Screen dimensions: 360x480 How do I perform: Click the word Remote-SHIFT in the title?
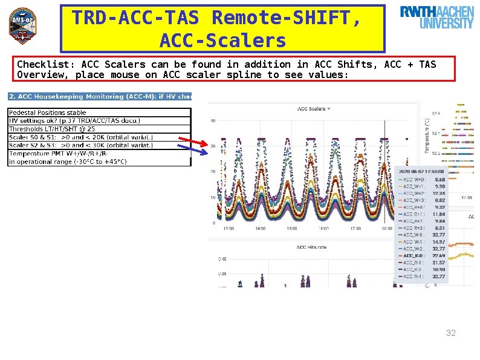pyautogui.click(x=287, y=18)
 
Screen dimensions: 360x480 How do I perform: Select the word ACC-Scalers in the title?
pyautogui.click(x=222, y=41)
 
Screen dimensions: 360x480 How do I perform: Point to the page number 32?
pyautogui.click(x=451, y=333)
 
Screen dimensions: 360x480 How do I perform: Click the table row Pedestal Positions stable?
pyautogui.click(x=48, y=113)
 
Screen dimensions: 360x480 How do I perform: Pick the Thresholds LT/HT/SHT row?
pyautogui.click(x=52, y=129)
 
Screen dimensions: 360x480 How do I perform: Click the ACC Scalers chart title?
pyautogui.click(x=311, y=109)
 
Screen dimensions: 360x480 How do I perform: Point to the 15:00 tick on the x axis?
pyautogui.click(x=291, y=229)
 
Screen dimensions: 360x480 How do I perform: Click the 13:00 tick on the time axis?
pyautogui.click(x=228, y=229)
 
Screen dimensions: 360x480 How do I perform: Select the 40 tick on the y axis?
pyautogui.click(x=212, y=120)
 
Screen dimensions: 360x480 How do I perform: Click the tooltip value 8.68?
pyautogui.click(x=439, y=179)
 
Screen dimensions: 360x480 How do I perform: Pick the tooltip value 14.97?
pyautogui.click(x=439, y=242)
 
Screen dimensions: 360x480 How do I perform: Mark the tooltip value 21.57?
pyautogui.click(x=439, y=263)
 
